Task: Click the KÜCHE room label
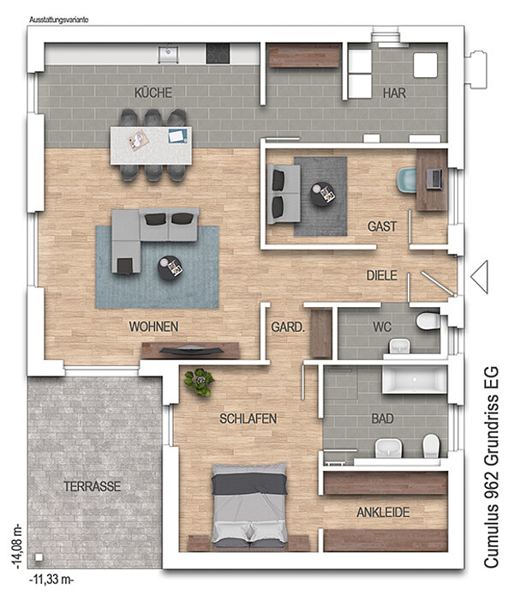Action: [153, 93]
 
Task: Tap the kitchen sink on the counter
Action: [169, 54]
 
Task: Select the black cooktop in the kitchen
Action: [218, 53]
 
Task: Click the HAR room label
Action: [394, 93]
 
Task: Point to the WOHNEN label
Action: [153, 327]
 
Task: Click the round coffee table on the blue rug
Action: [170, 268]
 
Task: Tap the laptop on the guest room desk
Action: [433, 178]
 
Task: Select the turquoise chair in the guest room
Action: [407, 179]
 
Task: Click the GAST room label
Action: [382, 226]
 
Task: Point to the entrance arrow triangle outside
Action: [480, 277]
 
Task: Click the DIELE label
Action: [381, 275]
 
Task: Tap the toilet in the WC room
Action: [427, 321]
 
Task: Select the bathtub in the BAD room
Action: [415, 379]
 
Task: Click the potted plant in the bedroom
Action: [199, 382]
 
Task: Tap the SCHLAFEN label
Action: [248, 418]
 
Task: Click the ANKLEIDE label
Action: [383, 512]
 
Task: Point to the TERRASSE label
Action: [92, 486]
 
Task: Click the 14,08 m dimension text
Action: [18, 547]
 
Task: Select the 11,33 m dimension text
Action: [51, 580]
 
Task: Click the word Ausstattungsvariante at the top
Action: [59, 20]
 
